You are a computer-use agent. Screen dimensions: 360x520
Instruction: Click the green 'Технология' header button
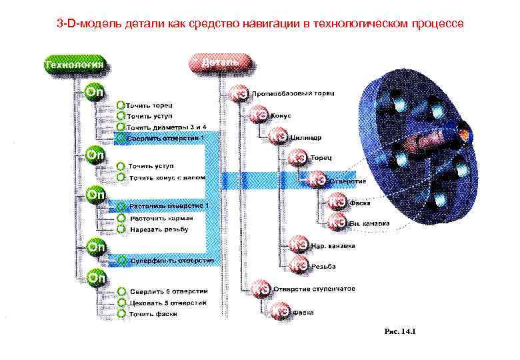pyautogui.click(x=73, y=65)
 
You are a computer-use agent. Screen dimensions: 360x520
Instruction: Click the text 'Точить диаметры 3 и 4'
pyautogui.click(x=167, y=127)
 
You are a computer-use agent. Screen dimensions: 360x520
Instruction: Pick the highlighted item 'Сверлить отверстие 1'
pyautogui.click(x=165, y=137)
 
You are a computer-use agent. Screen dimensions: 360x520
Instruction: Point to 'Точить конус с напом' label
pyautogui.click(x=167, y=178)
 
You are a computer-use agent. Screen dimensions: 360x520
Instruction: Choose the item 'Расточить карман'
pyautogui.click(x=161, y=218)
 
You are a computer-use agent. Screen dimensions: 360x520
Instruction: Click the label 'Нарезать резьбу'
pyautogui.click(x=159, y=229)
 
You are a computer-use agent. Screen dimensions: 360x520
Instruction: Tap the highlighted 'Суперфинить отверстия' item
pyautogui.click(x=171, y=260)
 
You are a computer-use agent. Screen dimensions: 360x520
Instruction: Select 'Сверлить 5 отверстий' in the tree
pyautogui.click(x=169, y=292)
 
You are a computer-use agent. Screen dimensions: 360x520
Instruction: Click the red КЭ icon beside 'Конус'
pyautogui.click(x=260, y=115)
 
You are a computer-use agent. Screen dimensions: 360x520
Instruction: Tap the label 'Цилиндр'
pyautogui.click(x=306, y=138)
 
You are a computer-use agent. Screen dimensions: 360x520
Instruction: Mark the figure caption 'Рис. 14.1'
pyautogui.click(x=399, y=331)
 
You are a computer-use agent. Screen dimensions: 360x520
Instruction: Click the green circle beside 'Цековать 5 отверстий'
pyautogui.click(x=122, y=303)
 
